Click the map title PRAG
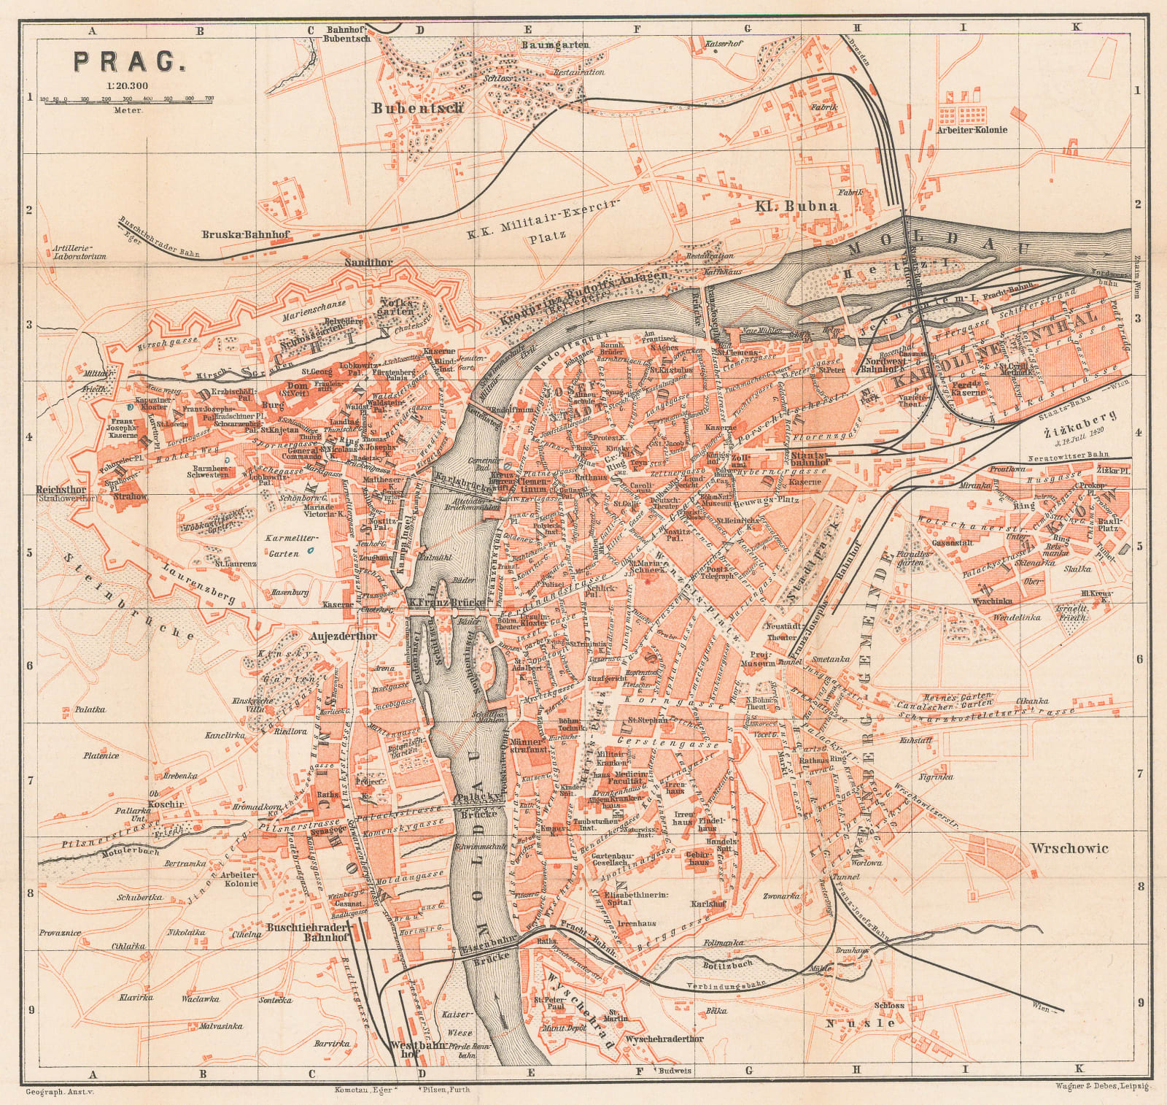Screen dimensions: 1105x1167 click(x=128, y=61)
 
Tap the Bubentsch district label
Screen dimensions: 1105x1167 click(x=417, y=108)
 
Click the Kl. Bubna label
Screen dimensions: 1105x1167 click(x=797, y=206)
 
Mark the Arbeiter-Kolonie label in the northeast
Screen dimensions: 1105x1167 click(x=972, y=130)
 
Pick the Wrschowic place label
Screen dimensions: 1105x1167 click(x=1069, y=847)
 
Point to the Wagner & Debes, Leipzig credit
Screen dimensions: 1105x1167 click(x=1101, y=1086)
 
